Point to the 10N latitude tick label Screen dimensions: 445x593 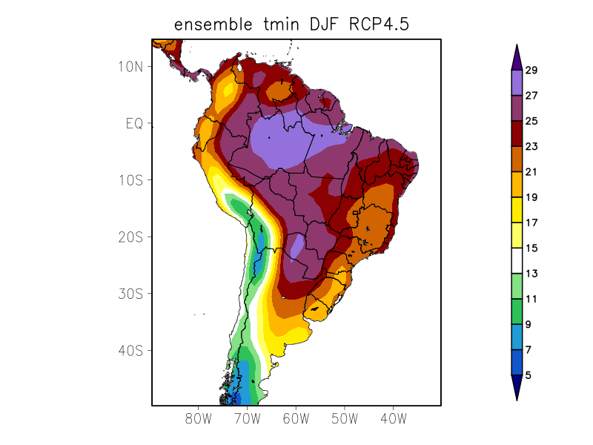(x=130, y=67)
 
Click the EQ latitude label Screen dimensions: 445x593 (x=133, y=123)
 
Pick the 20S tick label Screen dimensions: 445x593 (x=130, y=237)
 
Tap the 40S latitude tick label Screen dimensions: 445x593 (x=130, y=351)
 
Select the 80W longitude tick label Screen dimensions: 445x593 (x=199, y=419)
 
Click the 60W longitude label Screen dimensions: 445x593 (x=296, y=419)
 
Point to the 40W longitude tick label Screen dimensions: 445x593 (x=393, y=419)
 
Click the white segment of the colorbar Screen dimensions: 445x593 (x=517, y=261)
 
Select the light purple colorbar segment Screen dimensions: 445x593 (x=517, y=83)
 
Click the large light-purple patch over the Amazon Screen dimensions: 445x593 (x=285, y=141)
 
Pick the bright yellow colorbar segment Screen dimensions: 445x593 (x=517, y=210)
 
